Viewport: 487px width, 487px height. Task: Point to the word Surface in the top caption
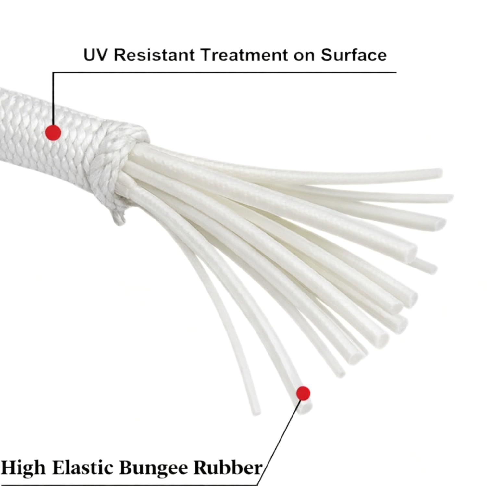click(354, 55)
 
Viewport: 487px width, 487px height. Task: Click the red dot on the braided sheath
click(53, 132)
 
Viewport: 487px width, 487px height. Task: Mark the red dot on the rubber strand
click(303, 393)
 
